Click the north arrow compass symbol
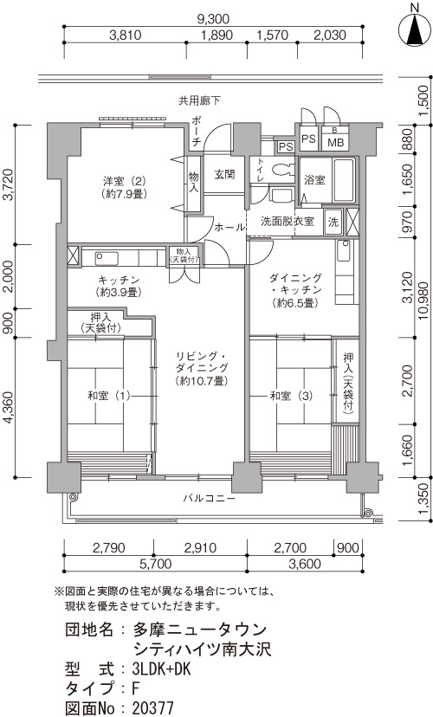[x=415, y=29]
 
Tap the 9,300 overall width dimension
[x=213, y=19]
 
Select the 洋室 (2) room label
[x=124, y=185]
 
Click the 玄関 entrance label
[x=225, y=174]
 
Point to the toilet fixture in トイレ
[x=282, y=170]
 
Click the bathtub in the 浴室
[x=344, y=180]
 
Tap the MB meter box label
[x=336, y=142]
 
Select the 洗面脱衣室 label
[x=288, y=221]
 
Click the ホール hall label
[x=229, y=227]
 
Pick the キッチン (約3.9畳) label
[x=118, y=286]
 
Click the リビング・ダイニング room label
[x=201, y=368]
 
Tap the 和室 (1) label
[x=109, y=395]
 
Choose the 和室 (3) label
[x=292, y=396]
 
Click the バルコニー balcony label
[x=209, y=498]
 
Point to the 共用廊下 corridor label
[x=199, y=100]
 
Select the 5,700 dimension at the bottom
[x=154, y=564]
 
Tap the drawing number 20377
[x=152, y=708]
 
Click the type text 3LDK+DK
[x=161, y=669]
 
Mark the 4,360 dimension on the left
[x=10, y=408]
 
